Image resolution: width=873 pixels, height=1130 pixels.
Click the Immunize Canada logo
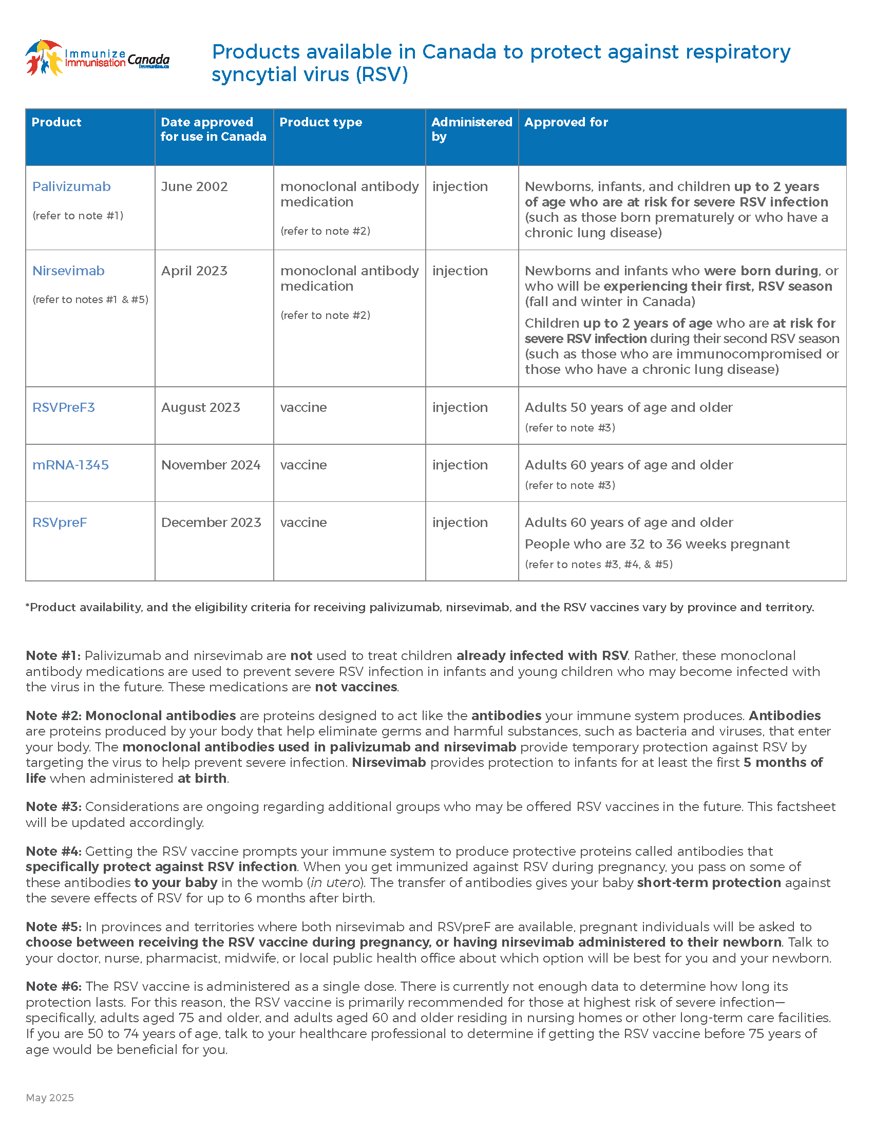97,58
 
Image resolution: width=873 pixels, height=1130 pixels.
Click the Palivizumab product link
71,187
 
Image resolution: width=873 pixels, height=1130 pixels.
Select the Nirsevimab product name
68,271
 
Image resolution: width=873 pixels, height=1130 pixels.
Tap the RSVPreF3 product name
64,408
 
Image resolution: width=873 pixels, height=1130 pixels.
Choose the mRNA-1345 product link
70,465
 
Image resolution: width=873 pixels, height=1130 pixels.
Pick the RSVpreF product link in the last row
60,522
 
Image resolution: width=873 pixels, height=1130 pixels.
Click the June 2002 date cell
194,187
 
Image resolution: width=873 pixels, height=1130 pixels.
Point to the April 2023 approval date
194,271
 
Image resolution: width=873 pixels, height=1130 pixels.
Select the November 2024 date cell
211,465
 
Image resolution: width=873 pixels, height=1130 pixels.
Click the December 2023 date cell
211,522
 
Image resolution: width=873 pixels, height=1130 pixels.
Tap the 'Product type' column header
320,122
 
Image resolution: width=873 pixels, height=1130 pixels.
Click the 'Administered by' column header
471,129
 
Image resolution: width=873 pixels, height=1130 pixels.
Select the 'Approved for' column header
566,122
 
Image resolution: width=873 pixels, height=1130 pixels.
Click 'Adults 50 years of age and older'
629,408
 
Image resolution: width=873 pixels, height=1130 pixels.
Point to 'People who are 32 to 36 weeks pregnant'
657,544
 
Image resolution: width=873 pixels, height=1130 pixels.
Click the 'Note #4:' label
53,852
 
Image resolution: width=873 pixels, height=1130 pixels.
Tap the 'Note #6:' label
53,987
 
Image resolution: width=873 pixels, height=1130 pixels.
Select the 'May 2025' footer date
50,1098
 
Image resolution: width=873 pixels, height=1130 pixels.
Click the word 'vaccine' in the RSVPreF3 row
303,408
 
